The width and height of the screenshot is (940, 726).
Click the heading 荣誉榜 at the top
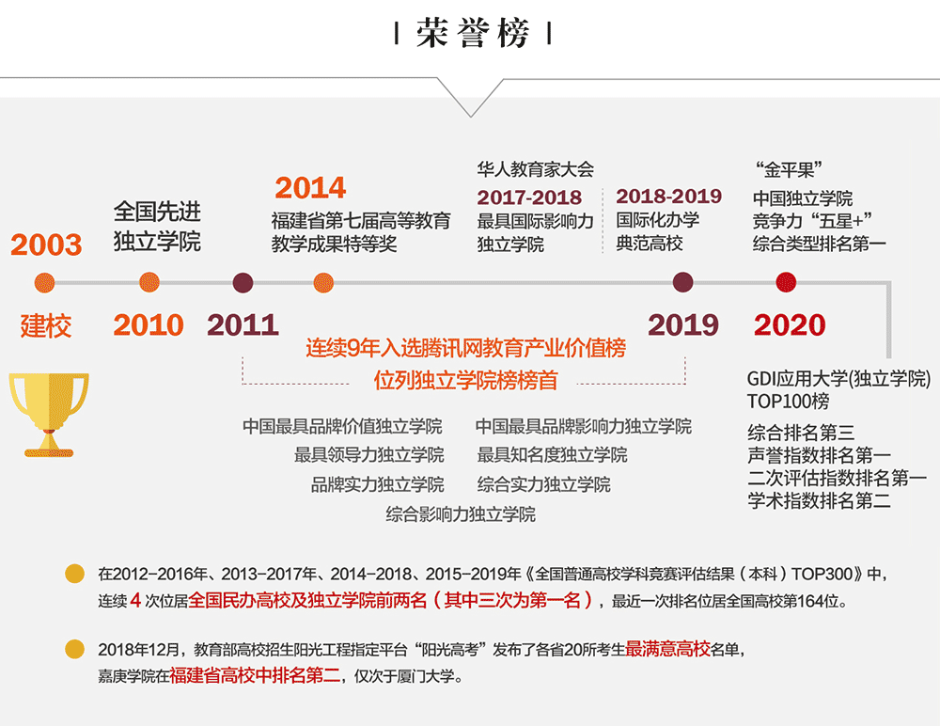473,33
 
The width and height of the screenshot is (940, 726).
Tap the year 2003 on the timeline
46,245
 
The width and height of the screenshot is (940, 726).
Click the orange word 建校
45,325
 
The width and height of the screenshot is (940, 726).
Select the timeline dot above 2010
149,282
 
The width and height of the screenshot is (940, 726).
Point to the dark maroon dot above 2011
243,283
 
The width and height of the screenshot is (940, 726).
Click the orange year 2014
310,188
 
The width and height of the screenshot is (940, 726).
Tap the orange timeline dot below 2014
323,283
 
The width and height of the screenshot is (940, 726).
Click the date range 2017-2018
529,197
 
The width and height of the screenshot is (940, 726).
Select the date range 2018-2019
669,197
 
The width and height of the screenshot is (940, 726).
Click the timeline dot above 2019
682,282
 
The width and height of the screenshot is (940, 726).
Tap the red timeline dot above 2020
786,282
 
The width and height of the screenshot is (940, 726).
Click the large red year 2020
790,325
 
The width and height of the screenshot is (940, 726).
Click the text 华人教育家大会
536,170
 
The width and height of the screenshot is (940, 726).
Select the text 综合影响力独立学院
461,514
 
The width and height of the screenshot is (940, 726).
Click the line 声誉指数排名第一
819,455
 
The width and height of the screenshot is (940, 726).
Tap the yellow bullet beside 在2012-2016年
75,574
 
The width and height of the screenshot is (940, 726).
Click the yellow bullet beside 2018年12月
75,649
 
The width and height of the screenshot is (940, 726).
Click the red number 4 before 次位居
135,601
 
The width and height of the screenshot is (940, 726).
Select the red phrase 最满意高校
667,649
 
